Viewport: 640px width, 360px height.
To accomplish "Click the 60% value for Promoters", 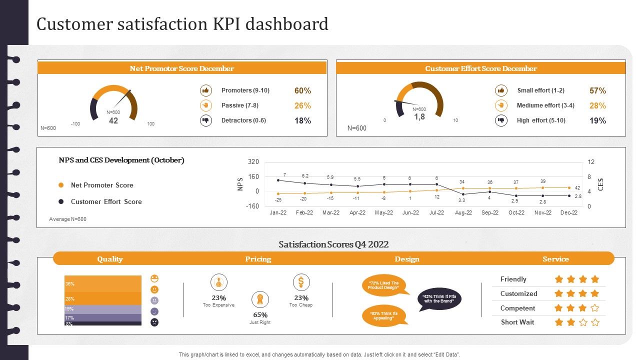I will coord(302,90).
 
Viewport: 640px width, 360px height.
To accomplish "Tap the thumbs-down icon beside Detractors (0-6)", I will coord(206,120).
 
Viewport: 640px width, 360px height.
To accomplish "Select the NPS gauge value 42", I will coord(113,120).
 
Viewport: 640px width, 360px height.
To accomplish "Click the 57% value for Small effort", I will coord(597,90).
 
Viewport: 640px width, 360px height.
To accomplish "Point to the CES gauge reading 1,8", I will coord(419,116).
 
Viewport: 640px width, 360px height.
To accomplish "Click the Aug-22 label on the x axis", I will coord(463,212).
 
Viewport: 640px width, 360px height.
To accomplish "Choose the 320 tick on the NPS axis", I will coord(253,162).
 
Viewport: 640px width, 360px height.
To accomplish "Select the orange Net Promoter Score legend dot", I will coord(61,185).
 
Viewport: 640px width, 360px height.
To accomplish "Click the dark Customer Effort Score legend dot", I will coord(61,201).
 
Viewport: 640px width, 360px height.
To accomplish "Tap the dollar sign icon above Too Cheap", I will coord(301,282).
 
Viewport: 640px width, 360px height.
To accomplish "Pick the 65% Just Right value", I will coord(260,315).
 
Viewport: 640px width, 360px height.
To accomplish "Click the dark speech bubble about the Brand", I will coord(439,299).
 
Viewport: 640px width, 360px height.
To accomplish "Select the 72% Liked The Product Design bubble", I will coord(384,285).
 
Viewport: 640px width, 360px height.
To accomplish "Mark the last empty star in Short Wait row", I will coord(595,322).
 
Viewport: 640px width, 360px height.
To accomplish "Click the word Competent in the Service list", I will coord(517,308).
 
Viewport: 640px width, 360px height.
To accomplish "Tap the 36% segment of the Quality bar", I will coord(103,283).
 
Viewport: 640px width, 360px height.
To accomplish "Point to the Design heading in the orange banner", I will coord(407,259).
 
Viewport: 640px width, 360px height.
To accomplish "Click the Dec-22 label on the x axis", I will coord(569,212).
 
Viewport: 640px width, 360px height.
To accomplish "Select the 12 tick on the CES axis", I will coord(590,162).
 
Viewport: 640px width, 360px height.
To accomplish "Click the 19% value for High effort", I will coord(597,120).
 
